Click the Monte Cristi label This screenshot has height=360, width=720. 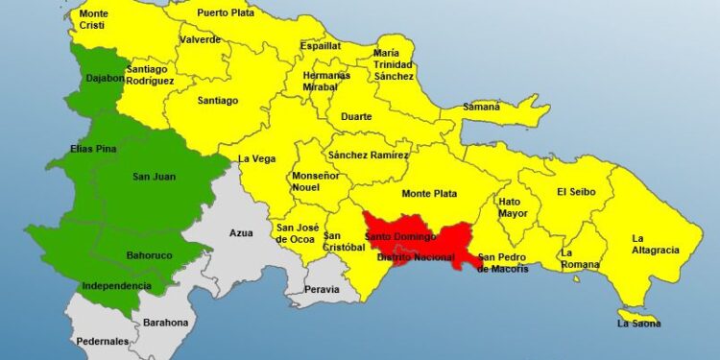coord(93,20)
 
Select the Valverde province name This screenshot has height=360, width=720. coord(200,39)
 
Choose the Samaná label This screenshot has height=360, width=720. coord(482,107)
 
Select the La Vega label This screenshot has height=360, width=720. coord(256,159)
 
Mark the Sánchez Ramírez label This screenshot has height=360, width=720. coord(368,155)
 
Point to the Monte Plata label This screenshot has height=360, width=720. coord(428,193)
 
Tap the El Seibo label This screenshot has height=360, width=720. coord(576,192)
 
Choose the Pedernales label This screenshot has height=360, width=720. coord(103,341)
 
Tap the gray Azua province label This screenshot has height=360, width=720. coord(241,232)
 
